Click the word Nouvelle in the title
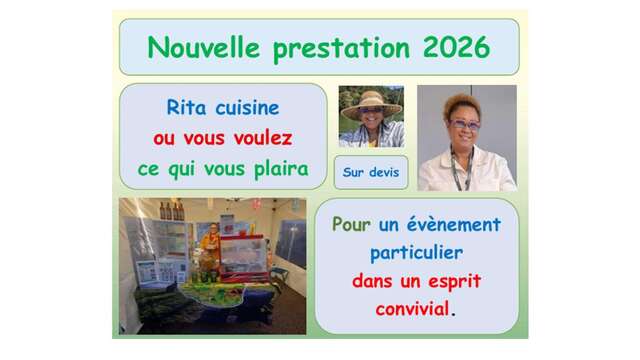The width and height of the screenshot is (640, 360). (203, 47)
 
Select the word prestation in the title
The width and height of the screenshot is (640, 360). (341, 49)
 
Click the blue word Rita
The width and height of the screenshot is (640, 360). (186, 108)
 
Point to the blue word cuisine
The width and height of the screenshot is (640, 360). (247, 108)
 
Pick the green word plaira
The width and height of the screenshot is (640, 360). (282, 169)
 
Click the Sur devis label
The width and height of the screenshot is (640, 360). (371, 172)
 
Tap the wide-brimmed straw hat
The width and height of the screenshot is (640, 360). (371, 104)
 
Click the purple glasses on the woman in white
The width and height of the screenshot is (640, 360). (464, 124)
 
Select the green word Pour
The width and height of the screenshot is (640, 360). (351, 224)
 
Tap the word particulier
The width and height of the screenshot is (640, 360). (416, 253)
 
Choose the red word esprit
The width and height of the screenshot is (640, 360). (455, 282)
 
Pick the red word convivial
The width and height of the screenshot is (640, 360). (412, 309)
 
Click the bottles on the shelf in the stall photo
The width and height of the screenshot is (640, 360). (172, 211)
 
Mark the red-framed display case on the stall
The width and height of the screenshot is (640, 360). (244, 256)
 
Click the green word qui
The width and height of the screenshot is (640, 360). (181, 170)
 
